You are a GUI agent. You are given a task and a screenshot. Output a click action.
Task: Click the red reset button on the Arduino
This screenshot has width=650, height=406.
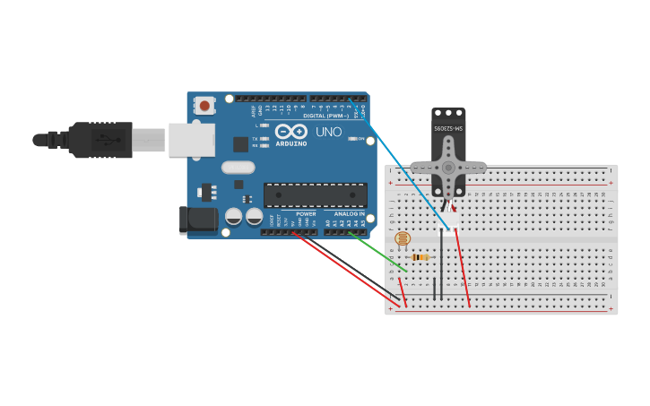pyautogui.click(x=204, y=106)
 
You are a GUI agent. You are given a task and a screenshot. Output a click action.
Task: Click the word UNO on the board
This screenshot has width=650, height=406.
pyautogui.click(x=328, y=133)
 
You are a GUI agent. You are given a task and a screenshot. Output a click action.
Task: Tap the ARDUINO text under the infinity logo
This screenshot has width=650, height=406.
pyautogui.click(x=291, y=143)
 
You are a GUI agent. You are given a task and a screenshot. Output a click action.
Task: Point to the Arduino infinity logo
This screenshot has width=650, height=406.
pyautogui.click(x=291, y=131)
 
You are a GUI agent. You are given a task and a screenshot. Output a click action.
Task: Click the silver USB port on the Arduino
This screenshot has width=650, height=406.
pyautogui.click(x=192, y=140)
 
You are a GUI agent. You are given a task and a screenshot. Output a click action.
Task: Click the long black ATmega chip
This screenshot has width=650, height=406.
pyautogui.click(x=315, y=195)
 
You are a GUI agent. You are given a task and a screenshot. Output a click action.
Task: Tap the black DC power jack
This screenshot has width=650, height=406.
pyautogui.click(x=197, y=220)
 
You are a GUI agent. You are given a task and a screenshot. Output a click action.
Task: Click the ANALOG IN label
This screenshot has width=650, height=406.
pyautogui.click(x=350, y=214)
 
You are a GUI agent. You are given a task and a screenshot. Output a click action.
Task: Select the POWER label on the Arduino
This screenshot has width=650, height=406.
pyautogui.click(x=306, y=214)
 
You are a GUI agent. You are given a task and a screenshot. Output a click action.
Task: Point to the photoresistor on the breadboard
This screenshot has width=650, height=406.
pyautogui.click(x=403, y=239)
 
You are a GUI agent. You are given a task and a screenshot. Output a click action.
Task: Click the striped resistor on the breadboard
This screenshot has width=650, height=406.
pyautogui.click(x=420, y=257)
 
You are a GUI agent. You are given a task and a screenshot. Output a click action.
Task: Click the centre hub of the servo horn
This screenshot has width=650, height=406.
pyautogui.click(x=448, y=167)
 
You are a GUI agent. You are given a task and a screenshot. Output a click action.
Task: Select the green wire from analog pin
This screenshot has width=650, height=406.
pyautogui.click(x=377, y=251)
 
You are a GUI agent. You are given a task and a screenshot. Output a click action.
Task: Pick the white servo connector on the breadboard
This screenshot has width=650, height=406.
pyautogui.click(x=448, y=220)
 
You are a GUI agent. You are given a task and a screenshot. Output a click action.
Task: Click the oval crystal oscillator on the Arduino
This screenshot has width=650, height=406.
pyautogui.click(x=238, y=167)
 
